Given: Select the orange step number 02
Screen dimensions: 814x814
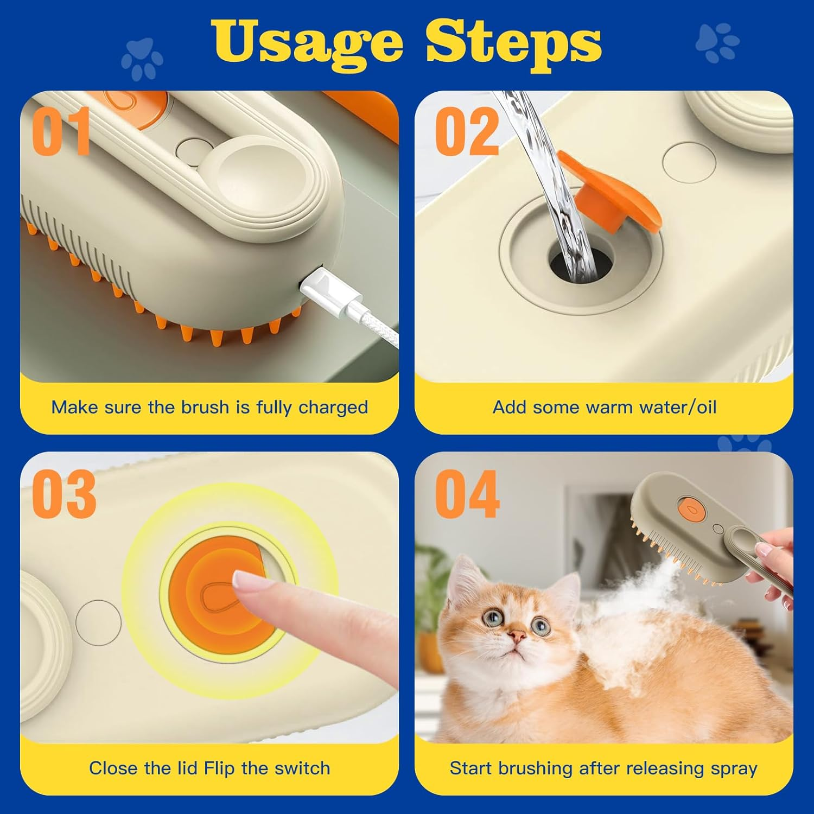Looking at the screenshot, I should click(467, 131).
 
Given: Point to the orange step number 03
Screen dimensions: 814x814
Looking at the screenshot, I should click(63, 494).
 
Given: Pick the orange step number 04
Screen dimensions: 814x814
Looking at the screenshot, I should click(467, 494).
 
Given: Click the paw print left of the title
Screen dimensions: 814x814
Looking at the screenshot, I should click(142, 58).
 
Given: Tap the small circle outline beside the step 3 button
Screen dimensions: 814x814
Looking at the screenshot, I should click(98, 622).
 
